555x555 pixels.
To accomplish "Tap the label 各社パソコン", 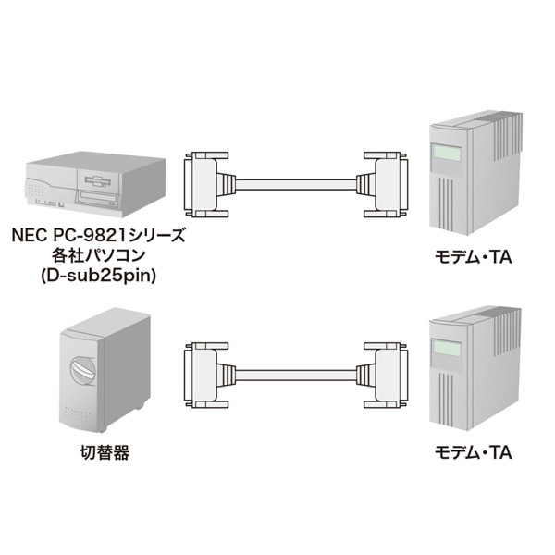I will point(98,256).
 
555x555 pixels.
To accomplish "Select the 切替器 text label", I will point(103,453).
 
